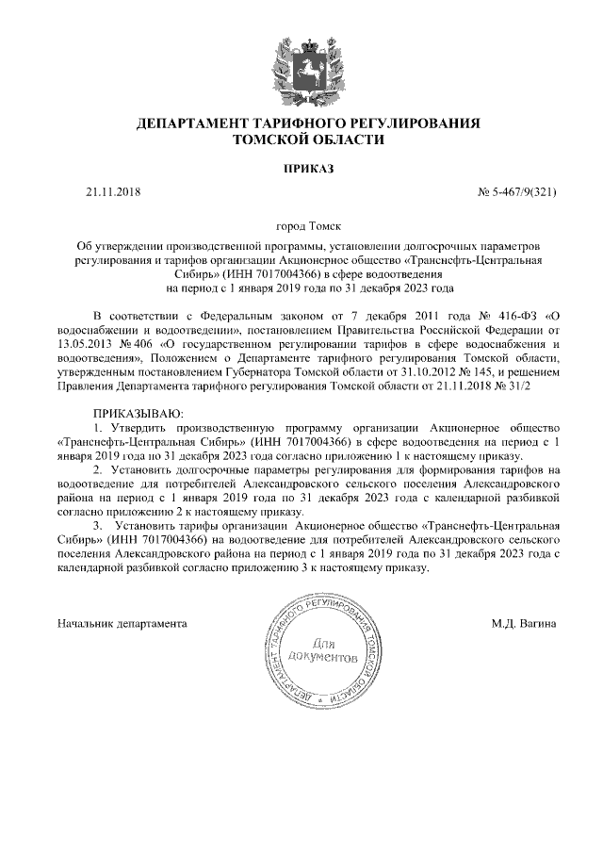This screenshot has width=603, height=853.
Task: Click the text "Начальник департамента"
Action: (122, 623)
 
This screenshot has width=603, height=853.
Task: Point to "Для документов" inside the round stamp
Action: (320, 648)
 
